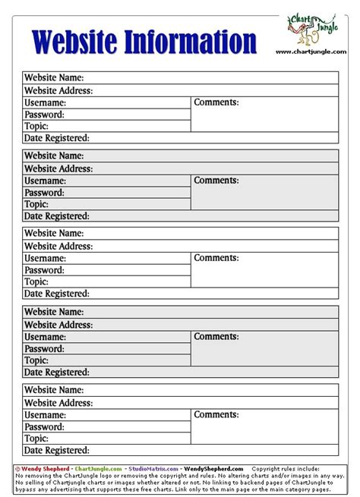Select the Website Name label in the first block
tap(53, 78)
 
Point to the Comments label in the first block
tap(216, 102)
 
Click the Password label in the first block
tap(44, 115)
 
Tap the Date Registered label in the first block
tap(57, 138)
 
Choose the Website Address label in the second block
tap(58, 168)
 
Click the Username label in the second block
tap(45, 181)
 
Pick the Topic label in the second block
tap(36, 205)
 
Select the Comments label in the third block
tap(216, 258)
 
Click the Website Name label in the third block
tap(53, 234)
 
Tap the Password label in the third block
tap(44, 270)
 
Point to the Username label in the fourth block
tap(45, 336)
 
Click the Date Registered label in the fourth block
tap(57, 373)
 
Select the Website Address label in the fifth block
tap(58, 402)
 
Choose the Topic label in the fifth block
tap(36, 439)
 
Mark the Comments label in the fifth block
tap(216, 415)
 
